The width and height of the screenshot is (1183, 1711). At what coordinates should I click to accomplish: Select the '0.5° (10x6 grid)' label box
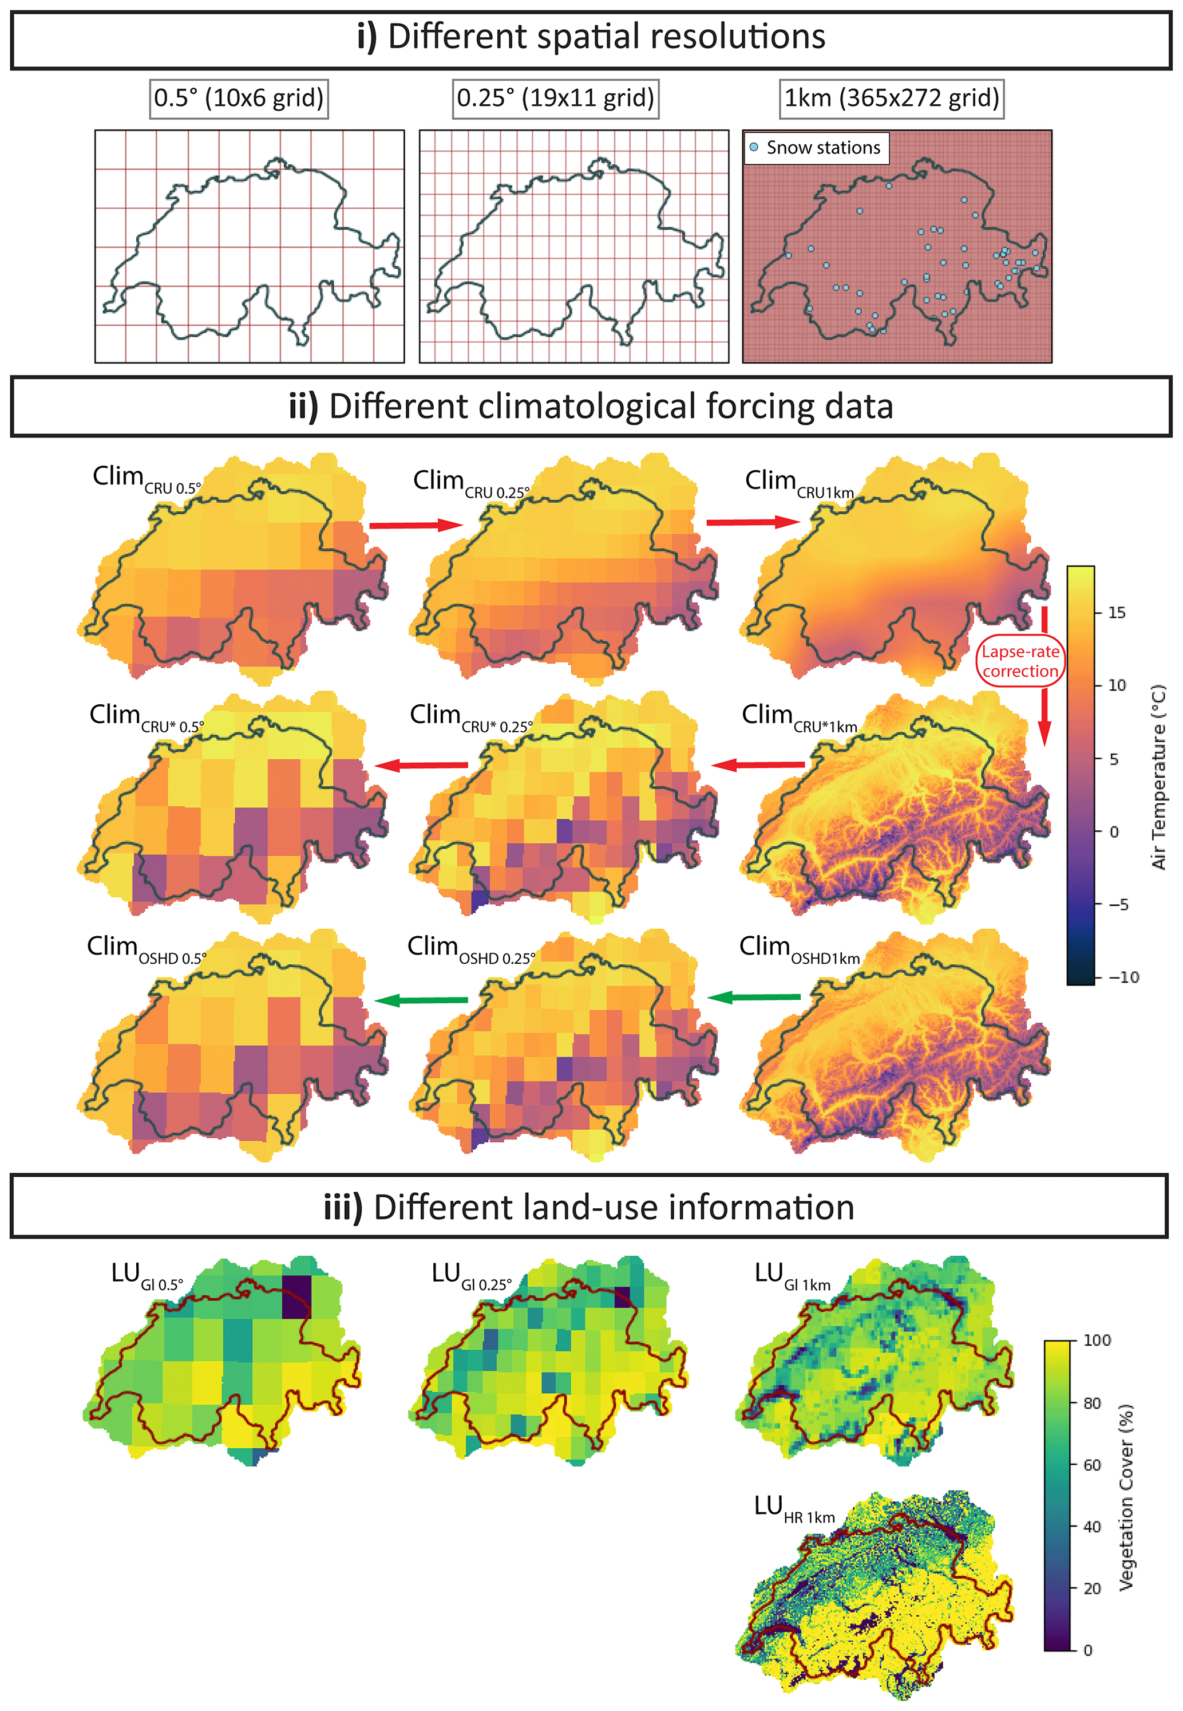(239, 98)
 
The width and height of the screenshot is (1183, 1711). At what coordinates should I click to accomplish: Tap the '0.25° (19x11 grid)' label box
(555, 98)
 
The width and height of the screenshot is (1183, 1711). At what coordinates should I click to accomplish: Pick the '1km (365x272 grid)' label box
(892, 98)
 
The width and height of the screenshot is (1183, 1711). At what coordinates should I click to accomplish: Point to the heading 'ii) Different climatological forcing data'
(591, 407)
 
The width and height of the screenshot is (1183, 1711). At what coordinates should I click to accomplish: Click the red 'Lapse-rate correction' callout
(1020, 661)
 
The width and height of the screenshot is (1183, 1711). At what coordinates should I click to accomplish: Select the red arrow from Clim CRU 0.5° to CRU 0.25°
(415, 525)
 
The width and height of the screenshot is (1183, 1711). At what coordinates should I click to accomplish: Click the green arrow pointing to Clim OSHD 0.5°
(421, 1000)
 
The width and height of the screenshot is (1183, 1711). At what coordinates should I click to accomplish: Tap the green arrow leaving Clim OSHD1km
(754, 998)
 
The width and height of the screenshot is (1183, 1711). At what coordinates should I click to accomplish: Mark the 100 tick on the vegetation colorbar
(1096, 1340)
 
